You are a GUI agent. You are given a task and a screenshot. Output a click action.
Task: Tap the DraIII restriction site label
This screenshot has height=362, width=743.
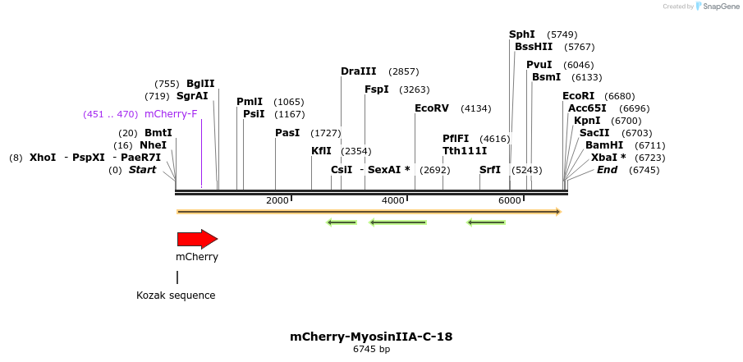[x=358, y=71]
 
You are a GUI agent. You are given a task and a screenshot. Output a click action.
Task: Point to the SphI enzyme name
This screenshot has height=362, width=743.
[x=522, y=34]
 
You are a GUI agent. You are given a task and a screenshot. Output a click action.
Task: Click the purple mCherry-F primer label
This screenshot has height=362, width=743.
[x=171, y=114]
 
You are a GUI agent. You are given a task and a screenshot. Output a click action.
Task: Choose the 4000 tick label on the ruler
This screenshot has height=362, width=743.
[x=393, y=200]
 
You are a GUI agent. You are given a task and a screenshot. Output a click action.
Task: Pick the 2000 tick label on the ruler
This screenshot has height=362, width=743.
[x=277, y=200]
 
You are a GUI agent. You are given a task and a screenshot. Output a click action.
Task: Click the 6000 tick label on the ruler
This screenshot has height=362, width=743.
[x=510, y=200]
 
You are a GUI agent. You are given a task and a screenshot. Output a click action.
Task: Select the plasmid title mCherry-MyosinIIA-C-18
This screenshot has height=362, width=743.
[x=371, y=337]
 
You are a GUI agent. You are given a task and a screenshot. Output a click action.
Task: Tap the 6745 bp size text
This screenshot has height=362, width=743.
[x=371, y=350]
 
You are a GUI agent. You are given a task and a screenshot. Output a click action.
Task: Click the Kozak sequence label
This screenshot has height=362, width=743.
[x=176, y=296]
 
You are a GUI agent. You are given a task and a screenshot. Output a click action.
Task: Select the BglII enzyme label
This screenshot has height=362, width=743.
[x=200, y=84]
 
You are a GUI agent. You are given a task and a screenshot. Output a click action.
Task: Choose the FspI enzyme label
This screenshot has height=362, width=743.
[x=377, y=89]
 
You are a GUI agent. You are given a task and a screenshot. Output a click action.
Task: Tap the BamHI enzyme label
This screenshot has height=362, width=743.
[x=604, y=145]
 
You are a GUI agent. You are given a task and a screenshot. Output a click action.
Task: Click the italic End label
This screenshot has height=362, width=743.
[x=607, y=170]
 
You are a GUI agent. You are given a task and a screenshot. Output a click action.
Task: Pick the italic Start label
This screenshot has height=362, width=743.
[x=142, y=170]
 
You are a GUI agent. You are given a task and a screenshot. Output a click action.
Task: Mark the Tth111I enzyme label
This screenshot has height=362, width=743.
[x=465, y=151]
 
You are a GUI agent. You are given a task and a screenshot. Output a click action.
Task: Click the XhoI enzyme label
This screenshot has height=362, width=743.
[x=43, y=158]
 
